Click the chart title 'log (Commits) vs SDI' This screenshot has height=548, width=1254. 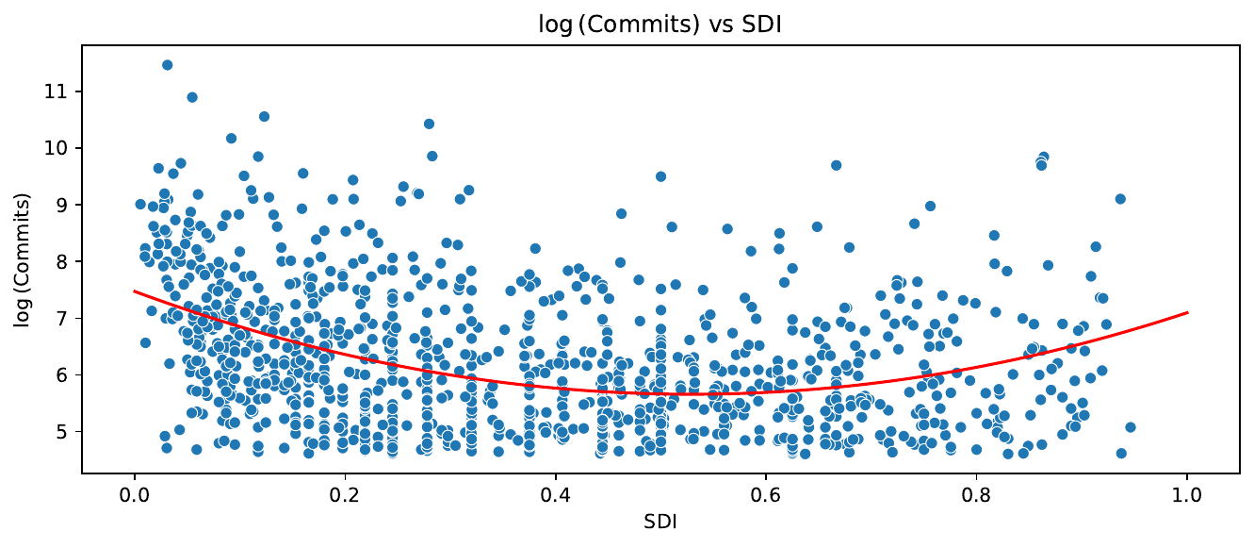click(627, 25)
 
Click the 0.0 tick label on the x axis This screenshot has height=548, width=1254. click(135, 492)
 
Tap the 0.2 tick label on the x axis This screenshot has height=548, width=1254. click(345, 492)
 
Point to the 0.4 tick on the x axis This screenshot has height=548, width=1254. click(556, 492)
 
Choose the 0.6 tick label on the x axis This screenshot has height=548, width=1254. click(766, 492)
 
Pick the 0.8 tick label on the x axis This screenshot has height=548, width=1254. click(977, 492)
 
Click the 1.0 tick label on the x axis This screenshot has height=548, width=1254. click(1187, 492)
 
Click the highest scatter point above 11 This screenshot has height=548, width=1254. click(167, 65)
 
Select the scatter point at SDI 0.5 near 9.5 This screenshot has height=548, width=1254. click(660, 176)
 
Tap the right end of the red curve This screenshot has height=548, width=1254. click(1187, 312)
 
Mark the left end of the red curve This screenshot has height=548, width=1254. click(135, 291)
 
